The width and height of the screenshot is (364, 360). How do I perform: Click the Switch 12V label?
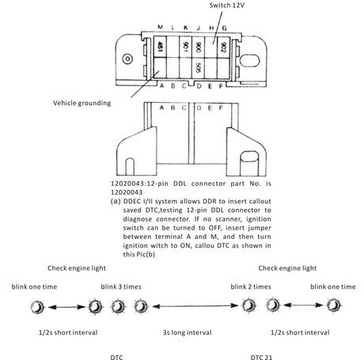(226, 6)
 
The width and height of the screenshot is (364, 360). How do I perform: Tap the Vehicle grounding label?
(82, 103)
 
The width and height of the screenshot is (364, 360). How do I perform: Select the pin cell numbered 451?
(160, 47)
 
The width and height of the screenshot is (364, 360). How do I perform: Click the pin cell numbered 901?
(185, 47)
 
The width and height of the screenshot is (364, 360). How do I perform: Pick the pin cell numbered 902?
(223, 47)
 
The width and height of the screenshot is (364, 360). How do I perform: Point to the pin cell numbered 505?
(198, 68)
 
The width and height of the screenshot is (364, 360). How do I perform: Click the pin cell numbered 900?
(198, 47)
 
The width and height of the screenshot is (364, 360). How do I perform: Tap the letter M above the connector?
(160, 27)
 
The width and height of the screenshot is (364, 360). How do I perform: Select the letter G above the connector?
(224, 28)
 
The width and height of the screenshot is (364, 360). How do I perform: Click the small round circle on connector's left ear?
(127, 59)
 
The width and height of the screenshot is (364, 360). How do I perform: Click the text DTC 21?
(261, 357)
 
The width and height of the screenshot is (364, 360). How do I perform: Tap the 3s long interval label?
(187, 332)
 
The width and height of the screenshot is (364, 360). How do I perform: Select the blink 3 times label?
(121, 286)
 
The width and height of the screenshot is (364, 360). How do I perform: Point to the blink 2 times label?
(251, 286)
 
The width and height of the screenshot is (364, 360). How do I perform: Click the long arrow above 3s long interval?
(195, 306)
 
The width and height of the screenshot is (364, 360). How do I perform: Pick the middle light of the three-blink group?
(118, 307)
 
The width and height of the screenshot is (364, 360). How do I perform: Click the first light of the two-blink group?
(248, 305)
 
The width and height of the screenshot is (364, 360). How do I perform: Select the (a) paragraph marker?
(116, 201)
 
